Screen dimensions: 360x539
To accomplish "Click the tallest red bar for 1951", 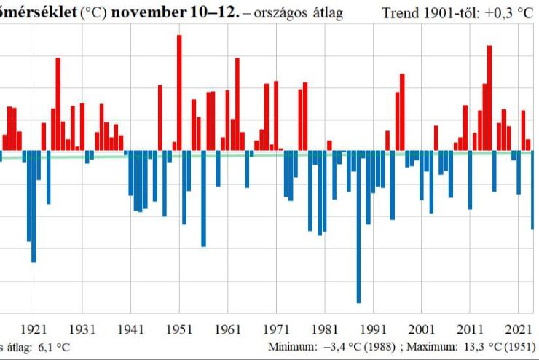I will pos(179,93).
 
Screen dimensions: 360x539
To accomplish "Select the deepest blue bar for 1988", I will pos(358,227).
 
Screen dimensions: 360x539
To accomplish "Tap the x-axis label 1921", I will pos(34,329).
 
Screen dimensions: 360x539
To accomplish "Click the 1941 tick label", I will pos(131,329).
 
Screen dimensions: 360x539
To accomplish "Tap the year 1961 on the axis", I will pos(228,329).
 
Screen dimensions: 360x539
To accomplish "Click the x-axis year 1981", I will pos(325,329).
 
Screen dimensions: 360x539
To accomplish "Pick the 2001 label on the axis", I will pos(422,329).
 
